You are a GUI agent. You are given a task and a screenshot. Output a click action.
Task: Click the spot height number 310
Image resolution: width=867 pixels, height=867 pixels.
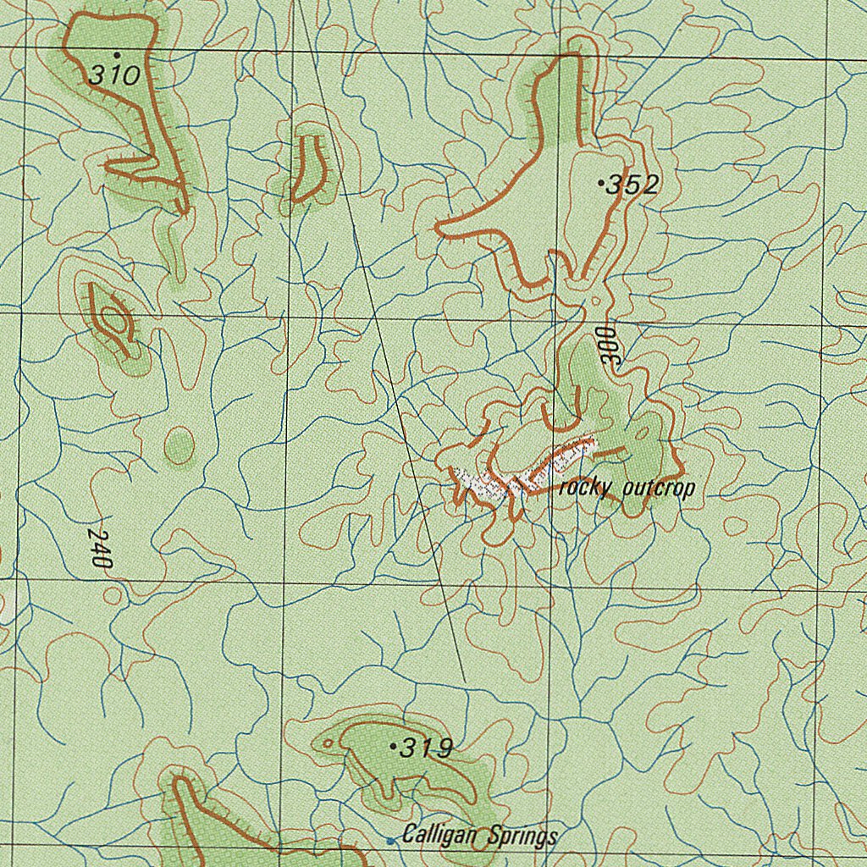pos(114,76)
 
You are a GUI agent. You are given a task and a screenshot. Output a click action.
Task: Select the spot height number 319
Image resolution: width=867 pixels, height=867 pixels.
pos(427,748)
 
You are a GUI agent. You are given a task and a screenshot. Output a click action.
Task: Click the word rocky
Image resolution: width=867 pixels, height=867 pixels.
pos(587,489)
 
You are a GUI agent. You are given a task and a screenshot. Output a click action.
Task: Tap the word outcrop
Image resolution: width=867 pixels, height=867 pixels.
pos(658,489)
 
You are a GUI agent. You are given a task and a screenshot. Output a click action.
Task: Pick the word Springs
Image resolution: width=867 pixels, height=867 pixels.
pos(522,837)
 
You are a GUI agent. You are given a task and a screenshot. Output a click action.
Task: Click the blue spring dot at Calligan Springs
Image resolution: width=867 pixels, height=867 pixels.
pos(390,840)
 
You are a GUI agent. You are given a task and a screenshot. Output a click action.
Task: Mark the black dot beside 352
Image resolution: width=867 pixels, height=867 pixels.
pos(601,182)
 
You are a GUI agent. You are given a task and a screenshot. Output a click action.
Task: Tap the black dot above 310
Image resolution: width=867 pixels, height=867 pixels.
pos(116,54)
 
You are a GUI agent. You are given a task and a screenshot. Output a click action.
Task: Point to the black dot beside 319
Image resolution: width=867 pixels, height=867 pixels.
pos(394,746)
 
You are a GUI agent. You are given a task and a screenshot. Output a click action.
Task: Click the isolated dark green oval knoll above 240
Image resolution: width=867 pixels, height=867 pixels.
pos(179,445)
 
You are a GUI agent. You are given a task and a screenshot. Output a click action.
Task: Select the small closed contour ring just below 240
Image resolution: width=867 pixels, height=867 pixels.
pos(112,594)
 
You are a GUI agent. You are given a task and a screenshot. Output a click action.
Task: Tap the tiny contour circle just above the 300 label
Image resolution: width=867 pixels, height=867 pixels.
pos(595,301)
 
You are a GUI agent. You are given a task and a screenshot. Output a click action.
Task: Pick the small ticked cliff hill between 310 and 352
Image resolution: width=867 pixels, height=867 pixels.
pos(309,168)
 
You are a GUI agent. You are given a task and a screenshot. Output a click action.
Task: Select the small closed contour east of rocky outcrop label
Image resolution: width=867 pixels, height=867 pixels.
pos(734,525)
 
